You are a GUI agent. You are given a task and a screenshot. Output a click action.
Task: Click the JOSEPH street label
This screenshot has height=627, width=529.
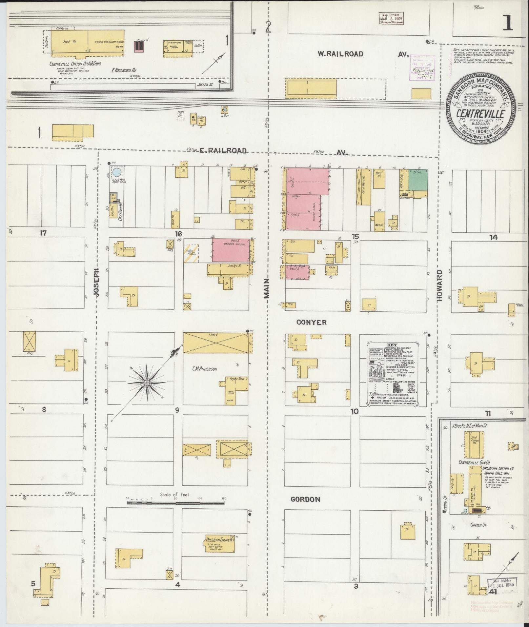tap(96, 282)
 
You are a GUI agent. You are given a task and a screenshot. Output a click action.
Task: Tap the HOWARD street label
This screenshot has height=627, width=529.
tap(440, 285)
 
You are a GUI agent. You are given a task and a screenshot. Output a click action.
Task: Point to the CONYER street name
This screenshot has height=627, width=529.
tap(311, 323)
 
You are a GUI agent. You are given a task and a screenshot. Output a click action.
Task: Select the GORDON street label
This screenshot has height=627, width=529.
tap(305, 508)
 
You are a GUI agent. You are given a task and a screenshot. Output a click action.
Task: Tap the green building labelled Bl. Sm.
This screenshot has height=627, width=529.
tap(418, 180)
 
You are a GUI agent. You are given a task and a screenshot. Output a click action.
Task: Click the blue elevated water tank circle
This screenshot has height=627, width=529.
tap(117, 172)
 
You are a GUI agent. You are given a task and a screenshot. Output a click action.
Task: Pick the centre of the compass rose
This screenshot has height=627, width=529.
tap(147, 383)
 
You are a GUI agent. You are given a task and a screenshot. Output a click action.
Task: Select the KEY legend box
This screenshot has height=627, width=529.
tap(392, 373)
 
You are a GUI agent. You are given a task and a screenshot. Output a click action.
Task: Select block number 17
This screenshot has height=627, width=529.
tap(43, 233)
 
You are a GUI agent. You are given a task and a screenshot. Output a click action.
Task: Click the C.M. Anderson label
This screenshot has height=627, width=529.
tap(205, 369)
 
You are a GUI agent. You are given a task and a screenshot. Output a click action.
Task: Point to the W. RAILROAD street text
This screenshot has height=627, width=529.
tap(341, 54)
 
